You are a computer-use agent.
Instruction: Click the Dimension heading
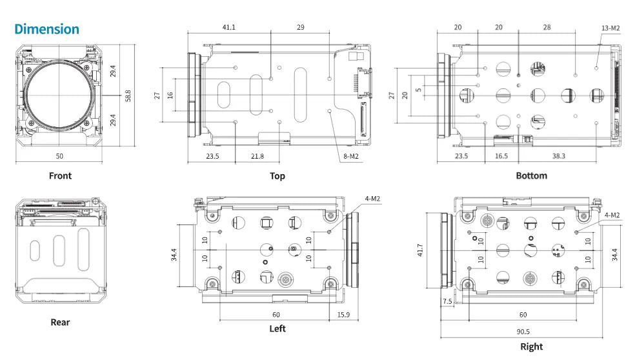(x=46, y=29)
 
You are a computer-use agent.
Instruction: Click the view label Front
(x=60, y=175)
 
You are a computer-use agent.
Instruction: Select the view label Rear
(x=60, y=322)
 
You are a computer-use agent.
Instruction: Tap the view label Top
(x=277, y=175)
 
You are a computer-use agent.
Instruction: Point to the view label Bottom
(x=531, y=175)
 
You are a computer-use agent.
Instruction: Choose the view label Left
(x=277, y=328)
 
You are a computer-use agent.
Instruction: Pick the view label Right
(x=531, y=346)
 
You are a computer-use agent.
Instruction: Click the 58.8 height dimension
(x=128, y=96)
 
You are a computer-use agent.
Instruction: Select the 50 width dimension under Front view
(x=59, y=156)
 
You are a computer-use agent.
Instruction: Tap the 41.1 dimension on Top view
(x=228, y=28)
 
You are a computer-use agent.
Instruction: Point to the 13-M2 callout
(x=610, y=28)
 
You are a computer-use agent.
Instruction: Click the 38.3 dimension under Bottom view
(x=558, y=156)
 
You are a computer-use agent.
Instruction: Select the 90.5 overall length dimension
(x=523, y=332)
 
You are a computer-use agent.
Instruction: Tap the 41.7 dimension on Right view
(x=421, y=250)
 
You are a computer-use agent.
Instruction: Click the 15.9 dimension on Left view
(x=343, y=315)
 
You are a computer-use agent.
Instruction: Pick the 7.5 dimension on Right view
(x=447, y=301)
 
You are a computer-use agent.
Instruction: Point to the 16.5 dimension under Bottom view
(x=501, y=156)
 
